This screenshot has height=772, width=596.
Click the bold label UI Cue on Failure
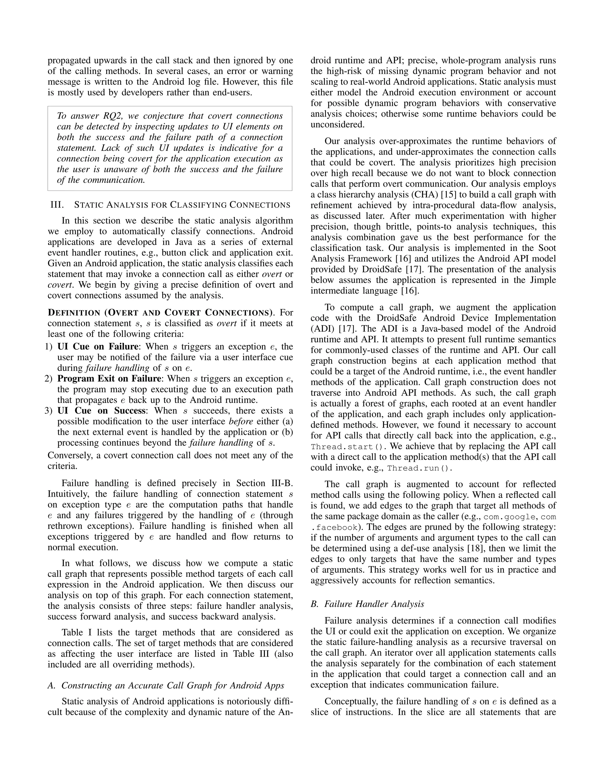coord(97,346)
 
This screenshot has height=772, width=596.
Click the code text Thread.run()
coord(419,468)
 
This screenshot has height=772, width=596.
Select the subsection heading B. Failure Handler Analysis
coord(367,604)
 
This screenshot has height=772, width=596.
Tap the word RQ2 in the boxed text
coord(114,116)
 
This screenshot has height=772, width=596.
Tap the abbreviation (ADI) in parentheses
coord(322,329)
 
